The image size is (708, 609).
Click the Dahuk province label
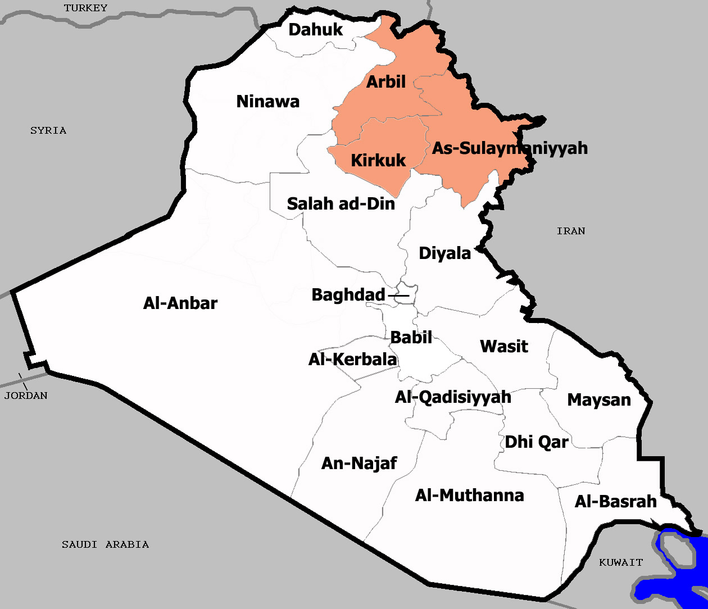[315, 30]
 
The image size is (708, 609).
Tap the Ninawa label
[268, 102]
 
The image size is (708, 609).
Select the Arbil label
[386, 82]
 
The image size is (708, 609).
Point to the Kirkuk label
[378, 161]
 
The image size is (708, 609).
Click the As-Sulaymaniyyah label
[510, 148]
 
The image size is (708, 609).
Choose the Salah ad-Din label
[341, 203]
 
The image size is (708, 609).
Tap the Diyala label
[444, 253]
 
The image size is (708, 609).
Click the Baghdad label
[348, 295]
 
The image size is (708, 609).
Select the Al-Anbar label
[180, 303]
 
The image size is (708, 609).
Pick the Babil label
[411, 338]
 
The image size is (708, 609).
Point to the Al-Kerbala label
[353, 360]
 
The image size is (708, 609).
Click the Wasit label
[504, 347]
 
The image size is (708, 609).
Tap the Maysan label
[599, 400]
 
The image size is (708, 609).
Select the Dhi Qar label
[537, 442]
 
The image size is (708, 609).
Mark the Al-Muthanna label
[469, 496]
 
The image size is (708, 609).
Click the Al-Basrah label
[615, 502]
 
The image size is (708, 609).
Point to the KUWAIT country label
[621, 562]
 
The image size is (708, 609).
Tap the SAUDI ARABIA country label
[106, 544]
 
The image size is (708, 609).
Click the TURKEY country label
[85, 8]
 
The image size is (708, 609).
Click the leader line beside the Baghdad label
[398, 295]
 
